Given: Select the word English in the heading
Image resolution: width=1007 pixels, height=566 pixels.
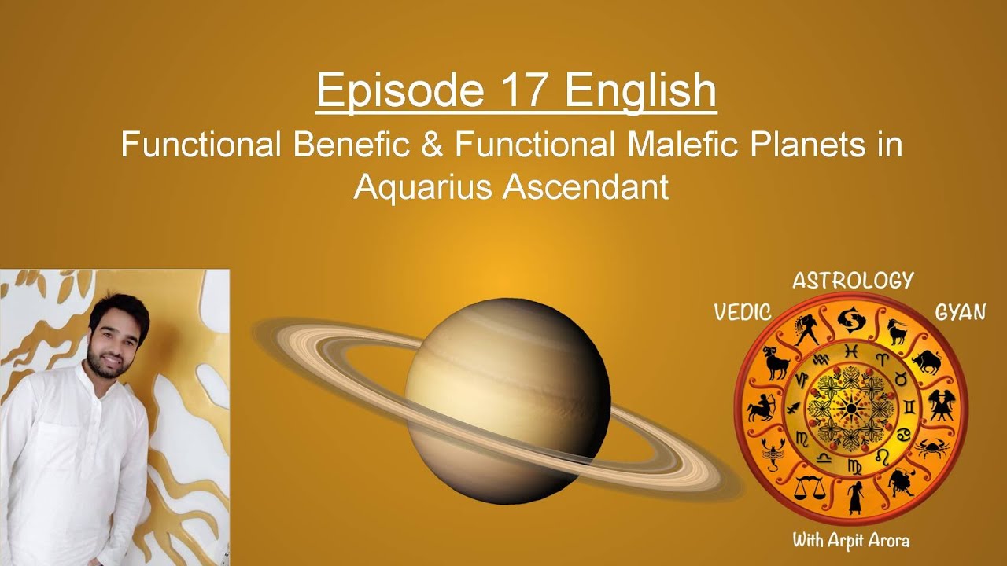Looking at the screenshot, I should [x=639, y=92].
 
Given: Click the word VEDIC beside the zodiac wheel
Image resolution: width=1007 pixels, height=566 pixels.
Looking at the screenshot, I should [x=742, y=312].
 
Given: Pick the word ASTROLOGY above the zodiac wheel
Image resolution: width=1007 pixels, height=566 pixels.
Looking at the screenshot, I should [x=853, y=281].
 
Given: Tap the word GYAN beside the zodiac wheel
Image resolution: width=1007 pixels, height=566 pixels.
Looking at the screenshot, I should [x=960, y=312].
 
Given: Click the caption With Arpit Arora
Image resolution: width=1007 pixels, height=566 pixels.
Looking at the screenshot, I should [x=851, y=540].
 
